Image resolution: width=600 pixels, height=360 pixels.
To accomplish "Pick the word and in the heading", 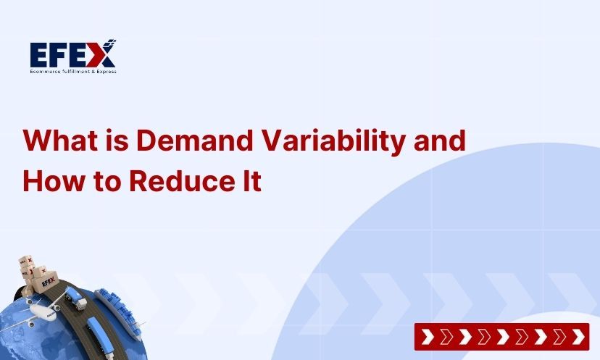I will pyautogui.click(x=439, y=140).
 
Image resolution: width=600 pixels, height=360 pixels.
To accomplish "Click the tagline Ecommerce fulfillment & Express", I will pyautogui.click(x=72, y=71).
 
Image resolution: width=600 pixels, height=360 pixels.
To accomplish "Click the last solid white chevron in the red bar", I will pyautogui.click(x=577, y=337).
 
